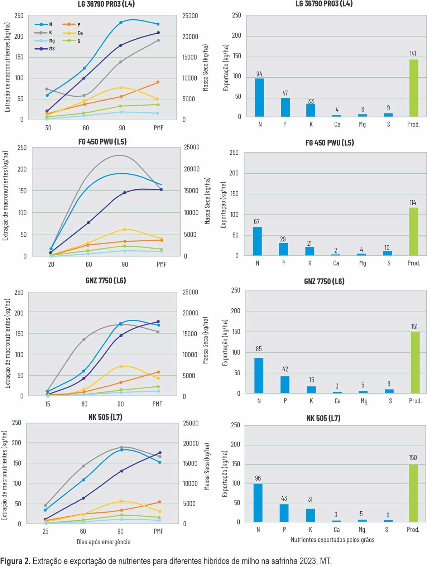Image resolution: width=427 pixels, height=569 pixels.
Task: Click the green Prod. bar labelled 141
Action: (x=414, y=88)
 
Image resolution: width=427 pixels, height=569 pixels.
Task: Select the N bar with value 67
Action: (x=257, y=241)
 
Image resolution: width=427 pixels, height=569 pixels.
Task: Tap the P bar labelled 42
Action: (x=285, y=385)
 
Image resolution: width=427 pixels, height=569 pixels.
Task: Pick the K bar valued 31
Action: (x=311, y=515)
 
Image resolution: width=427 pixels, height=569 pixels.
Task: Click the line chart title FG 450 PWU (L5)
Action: (x=102, y=141)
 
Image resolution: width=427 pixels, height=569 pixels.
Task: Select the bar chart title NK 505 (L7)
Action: (x=323, y=418)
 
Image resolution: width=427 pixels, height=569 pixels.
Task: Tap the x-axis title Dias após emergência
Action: (x=104, y=542)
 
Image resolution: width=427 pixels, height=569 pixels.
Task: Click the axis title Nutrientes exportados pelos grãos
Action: (x=332, y=540)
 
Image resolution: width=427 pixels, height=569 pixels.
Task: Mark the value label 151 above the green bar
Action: (x=414, y=327)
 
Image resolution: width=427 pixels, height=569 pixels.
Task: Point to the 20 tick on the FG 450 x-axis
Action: (x=51, y=264)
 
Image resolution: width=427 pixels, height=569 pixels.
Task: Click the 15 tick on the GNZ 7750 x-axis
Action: (x=48, y=404)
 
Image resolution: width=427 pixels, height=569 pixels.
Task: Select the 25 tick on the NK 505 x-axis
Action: (x=45, y=531)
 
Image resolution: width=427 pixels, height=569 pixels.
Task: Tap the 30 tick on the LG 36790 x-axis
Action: (x=48, y=128)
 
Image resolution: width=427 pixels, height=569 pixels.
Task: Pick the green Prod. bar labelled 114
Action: (x=413, y=231)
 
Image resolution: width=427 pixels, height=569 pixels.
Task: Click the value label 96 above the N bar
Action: (x=258, y=478)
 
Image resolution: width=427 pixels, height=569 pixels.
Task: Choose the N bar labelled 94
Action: (x=259, y=97)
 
